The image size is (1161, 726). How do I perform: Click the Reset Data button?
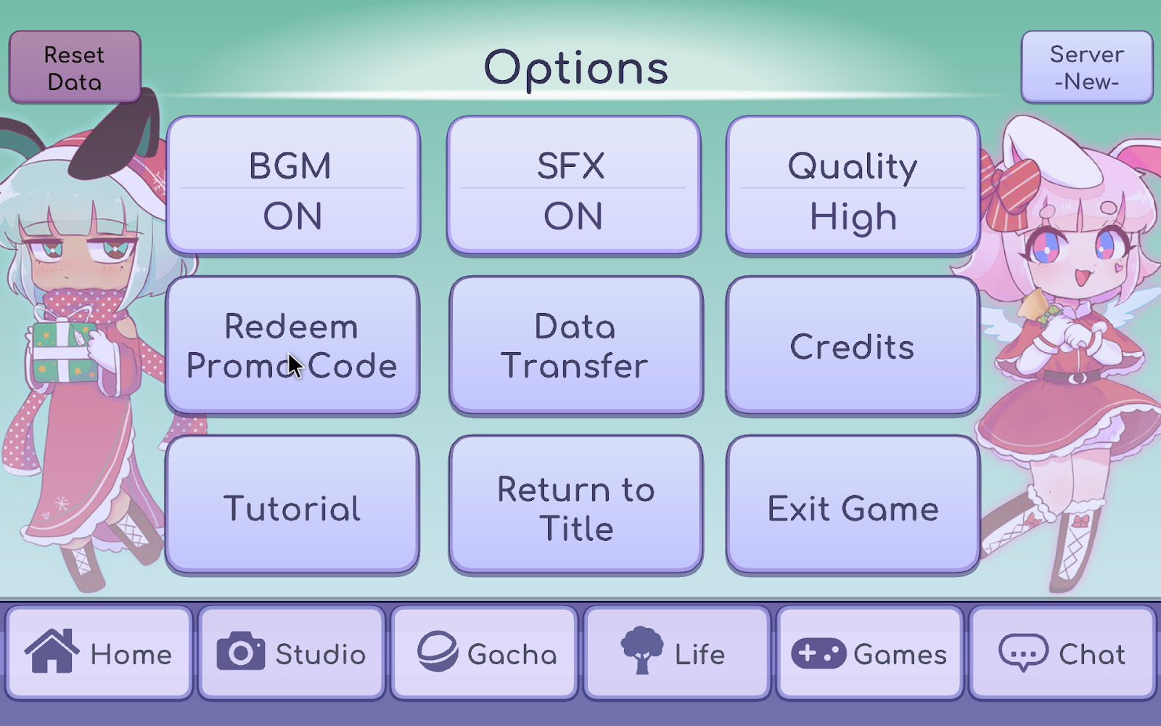pyautogui.click(x=75, y=68)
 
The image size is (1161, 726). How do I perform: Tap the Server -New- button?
pyautogui.click(x=1086, y=68)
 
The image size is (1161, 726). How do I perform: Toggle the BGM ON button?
pyautogui.click(x=292, y=187)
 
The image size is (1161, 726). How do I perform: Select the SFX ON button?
pyautogui.click(x=573, y=187)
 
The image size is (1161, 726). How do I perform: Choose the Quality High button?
pyautogui.click(x=853, y=187)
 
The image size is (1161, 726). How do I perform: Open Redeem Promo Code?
pyautogui.click(x=292, y=346)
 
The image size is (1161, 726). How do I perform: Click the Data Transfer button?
pyautogui.click(x=575, y=346)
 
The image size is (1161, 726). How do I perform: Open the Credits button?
pyautogui.click(x=853, y=346)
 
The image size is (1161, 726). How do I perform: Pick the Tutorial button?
pyautogui.click(x=292, y=506)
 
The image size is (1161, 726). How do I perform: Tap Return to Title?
pyautogui.click(x=575, y=506)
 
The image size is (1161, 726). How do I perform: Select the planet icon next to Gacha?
pyautogui.click(x=438, y=651)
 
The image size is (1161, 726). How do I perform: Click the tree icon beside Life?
pyautogui.click(x=642, y=650)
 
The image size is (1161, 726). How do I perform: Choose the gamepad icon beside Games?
pyautogui.click(x=819, y=653)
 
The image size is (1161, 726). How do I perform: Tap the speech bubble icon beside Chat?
pyautogui.click(x=1023, y=652)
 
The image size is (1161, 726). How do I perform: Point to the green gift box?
pyautogui.click(x=64, y=351)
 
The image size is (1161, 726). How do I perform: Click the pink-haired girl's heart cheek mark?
pyautogui.click(x=1118, y=267)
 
